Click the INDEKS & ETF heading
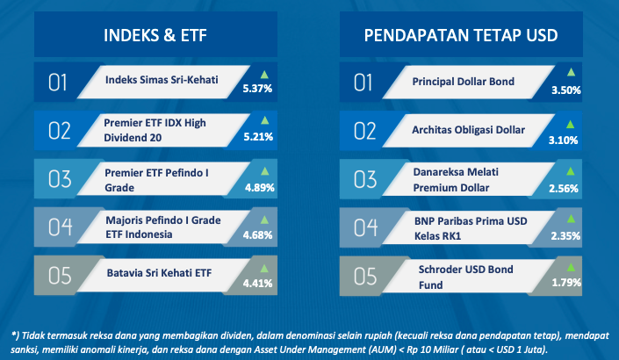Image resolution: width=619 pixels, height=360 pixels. (155, 35)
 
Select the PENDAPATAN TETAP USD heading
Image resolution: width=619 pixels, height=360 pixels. (461, 35)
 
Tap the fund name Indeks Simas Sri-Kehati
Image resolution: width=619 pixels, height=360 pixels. (162, 80)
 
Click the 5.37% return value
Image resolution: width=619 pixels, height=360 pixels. (257, 89)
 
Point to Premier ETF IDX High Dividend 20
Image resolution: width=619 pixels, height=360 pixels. (155, 130)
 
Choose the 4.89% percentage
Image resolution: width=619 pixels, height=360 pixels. (259, 188)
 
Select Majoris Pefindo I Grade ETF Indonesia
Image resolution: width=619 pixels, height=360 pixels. (163, 227)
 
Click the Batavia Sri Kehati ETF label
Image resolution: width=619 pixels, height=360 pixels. (159, 273)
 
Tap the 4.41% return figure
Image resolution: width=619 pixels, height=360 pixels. (257, 284)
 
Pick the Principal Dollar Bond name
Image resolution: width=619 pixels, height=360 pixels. (463, 82)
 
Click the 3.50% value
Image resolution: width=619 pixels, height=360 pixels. (566, 90)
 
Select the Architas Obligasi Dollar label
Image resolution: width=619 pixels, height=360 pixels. (468, 130)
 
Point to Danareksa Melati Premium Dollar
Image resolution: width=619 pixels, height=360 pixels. (456, 180)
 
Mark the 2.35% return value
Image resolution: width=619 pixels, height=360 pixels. (565, 236)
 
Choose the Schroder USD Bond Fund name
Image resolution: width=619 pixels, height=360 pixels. (466, 277)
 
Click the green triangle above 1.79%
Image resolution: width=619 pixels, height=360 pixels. (571, 267)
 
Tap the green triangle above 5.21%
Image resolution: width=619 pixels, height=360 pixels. (264, 120)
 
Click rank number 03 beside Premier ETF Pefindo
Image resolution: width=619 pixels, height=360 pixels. (60, 179)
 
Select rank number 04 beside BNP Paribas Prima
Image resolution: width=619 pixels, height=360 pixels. (365, 227)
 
